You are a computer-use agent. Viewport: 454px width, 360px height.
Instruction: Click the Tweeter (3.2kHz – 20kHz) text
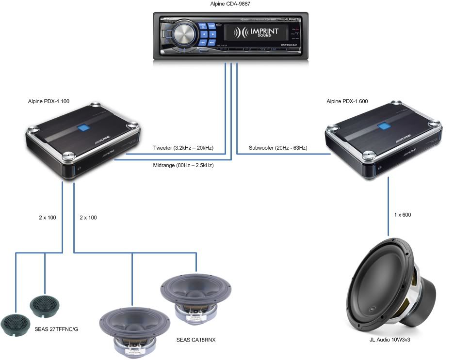click(x=183, y=148)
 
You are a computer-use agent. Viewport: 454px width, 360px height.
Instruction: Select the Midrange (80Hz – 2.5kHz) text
click(x=183, y=165)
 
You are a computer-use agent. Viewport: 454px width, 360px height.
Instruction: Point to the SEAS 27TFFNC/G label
click(x=56, y=329)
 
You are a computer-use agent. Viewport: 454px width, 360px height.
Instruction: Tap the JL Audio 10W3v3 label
click(x=391, y=340)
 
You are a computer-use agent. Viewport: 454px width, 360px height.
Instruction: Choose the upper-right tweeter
click(x=45, y=304)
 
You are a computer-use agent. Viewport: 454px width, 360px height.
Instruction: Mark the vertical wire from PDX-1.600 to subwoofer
click(x=389, y=204)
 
